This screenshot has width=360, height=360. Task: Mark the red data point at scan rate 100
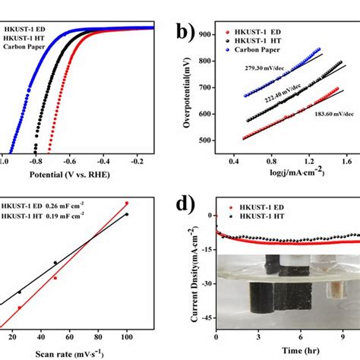[x=127, y=203]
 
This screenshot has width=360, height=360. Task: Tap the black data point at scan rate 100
[x=127, y=214]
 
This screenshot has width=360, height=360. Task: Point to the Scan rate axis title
[x=70, y=352]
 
